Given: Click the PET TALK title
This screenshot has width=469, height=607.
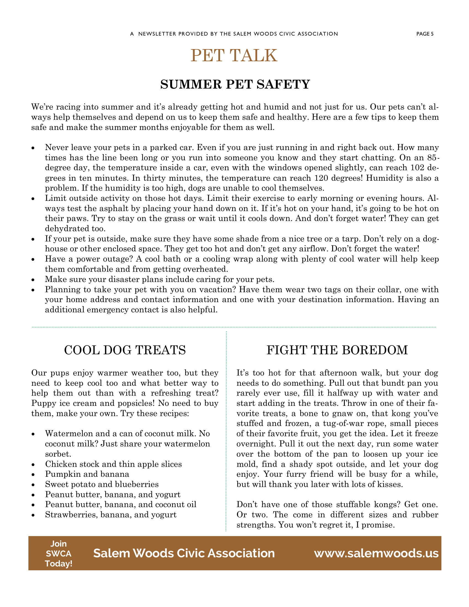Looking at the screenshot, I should (234, 55).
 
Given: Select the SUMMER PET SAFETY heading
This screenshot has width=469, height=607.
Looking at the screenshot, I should (235, 84).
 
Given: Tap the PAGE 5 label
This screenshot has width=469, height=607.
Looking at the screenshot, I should (425, 34).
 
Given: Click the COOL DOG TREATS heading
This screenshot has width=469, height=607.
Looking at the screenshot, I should (125, 350).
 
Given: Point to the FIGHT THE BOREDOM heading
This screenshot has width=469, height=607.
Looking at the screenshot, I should (337, 350).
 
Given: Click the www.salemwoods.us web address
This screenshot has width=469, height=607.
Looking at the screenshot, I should (376, 553).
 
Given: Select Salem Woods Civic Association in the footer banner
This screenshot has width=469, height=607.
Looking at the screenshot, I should (184, 553).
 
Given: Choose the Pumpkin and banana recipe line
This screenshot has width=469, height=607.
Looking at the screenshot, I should (87, 474).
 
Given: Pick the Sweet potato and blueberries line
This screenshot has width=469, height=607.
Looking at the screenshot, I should (102, 484).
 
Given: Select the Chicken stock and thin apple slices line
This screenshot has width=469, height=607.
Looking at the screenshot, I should (113, 464).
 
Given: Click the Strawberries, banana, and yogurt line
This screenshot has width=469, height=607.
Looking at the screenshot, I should (111, 515).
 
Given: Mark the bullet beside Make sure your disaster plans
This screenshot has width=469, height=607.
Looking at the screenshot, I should (33, 279).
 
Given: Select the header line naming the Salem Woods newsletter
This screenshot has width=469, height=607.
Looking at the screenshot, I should (234, 34).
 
